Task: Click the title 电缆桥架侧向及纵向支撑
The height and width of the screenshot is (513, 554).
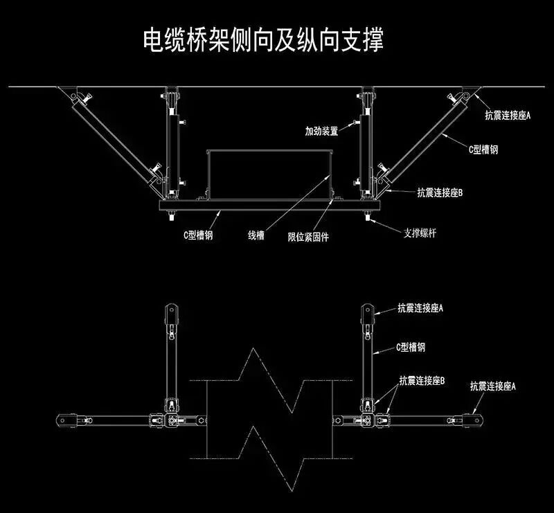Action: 262,39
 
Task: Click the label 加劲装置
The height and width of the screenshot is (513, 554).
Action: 321,130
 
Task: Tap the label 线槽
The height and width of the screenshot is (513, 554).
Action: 256,235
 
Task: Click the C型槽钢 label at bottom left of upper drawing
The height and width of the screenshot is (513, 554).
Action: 197,235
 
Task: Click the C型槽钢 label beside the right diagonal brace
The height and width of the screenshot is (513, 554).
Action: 483,148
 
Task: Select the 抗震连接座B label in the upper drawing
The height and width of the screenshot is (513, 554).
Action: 439,192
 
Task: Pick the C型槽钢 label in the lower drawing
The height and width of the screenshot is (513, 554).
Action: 411,346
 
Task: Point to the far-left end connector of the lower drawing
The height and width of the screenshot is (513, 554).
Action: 65,420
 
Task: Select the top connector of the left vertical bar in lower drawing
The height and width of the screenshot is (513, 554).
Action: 170,312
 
